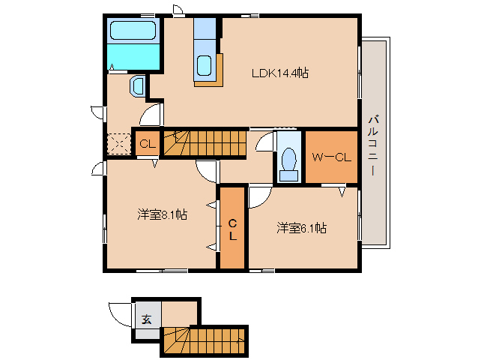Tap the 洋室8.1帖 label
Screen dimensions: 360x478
[x=162, y=214]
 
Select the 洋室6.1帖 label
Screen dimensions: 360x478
[x=301, y=228]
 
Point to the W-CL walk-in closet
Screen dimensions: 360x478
[x=331, y=157]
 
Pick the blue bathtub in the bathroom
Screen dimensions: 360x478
[x=133, y=31]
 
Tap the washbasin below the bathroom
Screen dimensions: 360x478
[x=137, y=87]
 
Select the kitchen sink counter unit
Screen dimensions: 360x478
[x=205, y=67]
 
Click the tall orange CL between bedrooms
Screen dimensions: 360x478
[x=232, y=228]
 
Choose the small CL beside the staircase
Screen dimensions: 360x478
[x=147, y=144]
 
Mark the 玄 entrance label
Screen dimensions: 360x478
[x=147, y=318]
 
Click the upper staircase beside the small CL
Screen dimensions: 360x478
[x=206, y=142]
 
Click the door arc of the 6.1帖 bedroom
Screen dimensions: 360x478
[x=258, y=196]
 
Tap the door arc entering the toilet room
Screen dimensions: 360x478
[x=264, y=144]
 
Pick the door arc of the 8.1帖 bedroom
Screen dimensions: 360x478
[x=206, y=171]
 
